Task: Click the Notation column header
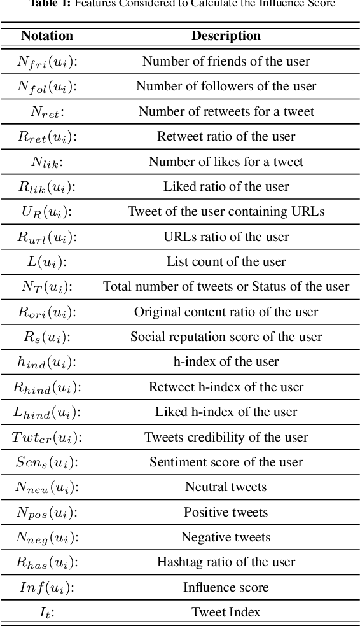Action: [x=47, y=36]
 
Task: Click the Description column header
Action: [x=226, y=36]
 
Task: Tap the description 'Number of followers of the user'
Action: [x=226, y=87]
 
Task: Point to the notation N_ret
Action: [x=47, y=112]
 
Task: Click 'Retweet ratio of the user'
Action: [x=226, y=137]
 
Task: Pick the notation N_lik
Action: [x=47, y=162]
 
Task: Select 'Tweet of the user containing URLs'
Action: [x=226, y=212]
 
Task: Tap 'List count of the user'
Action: [x=226, y=262]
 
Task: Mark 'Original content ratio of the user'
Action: [x=226, y=312]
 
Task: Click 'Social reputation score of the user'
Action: [x=226, y=337]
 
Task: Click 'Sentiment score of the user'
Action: [x=226, y=463]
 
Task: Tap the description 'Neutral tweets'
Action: [x=226, y=487]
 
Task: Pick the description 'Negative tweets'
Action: [x=226, y=538]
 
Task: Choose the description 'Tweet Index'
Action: [x=226, y=613]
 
